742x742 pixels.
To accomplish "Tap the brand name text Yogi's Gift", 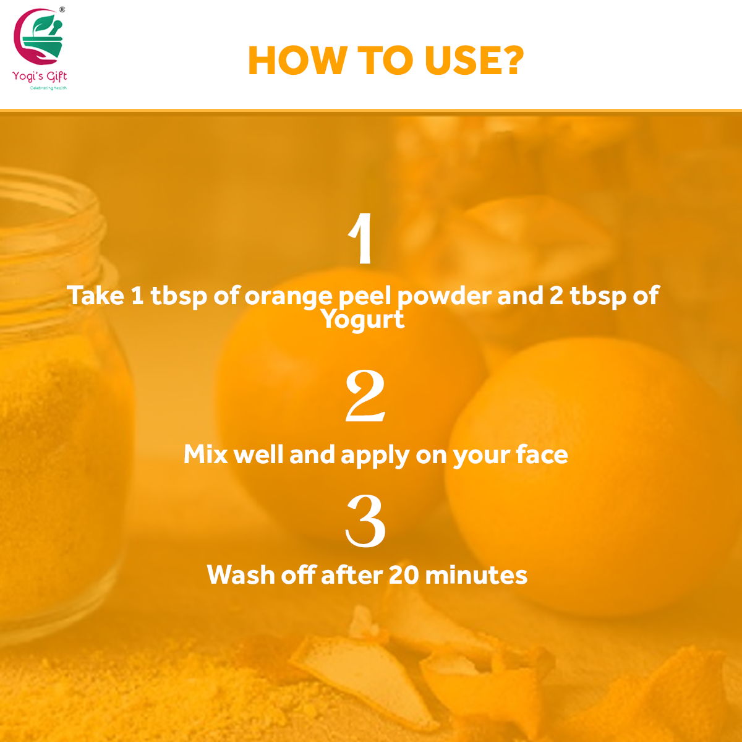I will [x=40, y=76].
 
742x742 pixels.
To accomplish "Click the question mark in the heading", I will [x=510, y=61].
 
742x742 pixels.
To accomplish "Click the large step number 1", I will [x=362, y=239].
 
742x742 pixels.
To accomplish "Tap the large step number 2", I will [x=365, y=396].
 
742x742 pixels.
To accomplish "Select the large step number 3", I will [x=365, y=521].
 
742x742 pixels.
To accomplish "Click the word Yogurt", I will [x=362, y=319].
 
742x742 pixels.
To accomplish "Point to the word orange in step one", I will [x=288, y=296].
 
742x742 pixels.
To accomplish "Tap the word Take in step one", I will [x=95, y=296].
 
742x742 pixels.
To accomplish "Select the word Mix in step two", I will [x=206, y=454].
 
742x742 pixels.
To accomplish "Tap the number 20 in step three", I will [x=404, y=575].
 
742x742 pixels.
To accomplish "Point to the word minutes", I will [x=476, y=575].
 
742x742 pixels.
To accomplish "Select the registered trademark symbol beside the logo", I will [x=62, y=9].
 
